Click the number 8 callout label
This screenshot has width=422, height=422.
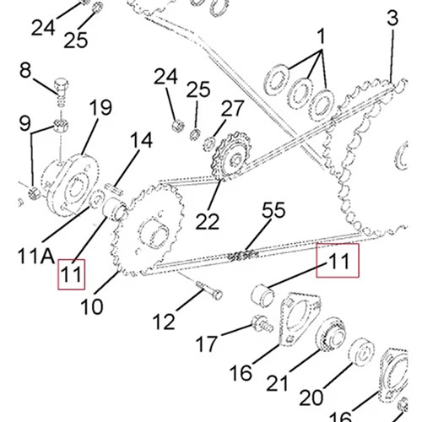tap(25, 70)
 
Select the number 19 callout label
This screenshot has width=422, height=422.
tap(100, 107)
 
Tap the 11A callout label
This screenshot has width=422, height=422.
tap(35, 256)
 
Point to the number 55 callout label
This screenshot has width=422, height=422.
tap(273, 210)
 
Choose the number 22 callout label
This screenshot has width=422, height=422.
tap(208, 221)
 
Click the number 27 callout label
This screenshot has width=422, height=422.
tap(232, 109)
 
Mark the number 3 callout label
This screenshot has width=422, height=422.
tap(392, 18)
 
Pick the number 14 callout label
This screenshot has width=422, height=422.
tap(142, 140)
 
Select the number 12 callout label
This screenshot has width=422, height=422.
tap(164, 322)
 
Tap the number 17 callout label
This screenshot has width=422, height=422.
tap(207, 344)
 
